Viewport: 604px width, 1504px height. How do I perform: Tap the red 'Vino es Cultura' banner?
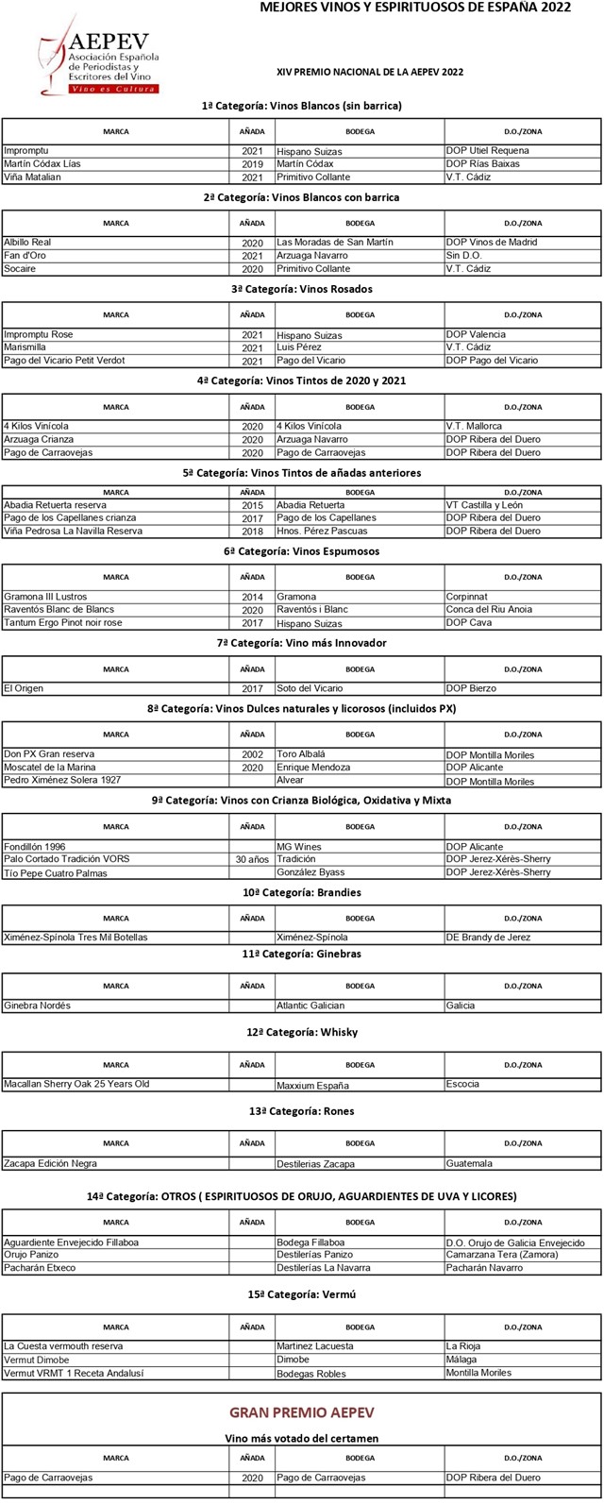(x=113, y=89)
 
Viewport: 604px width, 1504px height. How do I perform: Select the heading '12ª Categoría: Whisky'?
(x=302, y=1032)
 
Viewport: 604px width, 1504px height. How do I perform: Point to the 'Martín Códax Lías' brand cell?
(x=42, y=164)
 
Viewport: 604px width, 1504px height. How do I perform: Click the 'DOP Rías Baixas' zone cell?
(x=482, y=164)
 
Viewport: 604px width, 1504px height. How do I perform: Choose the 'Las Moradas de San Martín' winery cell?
(x=334, y=243)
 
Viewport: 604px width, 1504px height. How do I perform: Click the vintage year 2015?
(x=252, y=506)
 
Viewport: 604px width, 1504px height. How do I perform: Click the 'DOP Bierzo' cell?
(x=471, y=688)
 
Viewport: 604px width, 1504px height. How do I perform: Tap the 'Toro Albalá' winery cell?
(x=300, y=754)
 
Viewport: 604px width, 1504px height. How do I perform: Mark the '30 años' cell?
(x=252, y=860)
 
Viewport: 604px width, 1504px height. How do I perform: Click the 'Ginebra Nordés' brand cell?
(x=37, y=1005)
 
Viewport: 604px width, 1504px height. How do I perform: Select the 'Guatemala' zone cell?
(x=469, y=1164)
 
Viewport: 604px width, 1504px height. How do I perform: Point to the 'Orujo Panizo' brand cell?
(x=31, y=1255)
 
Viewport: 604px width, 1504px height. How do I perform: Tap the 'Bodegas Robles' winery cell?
(x=310, y=1374)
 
